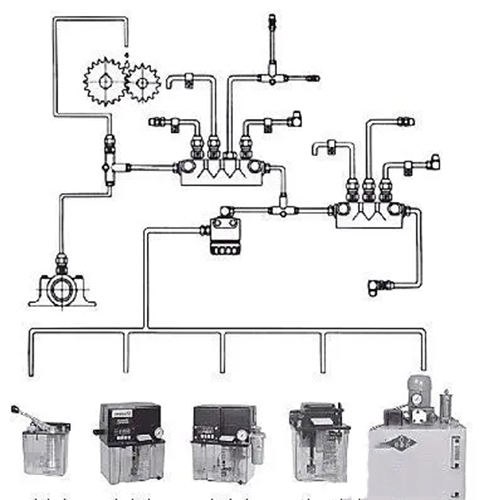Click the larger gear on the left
(x=104, y=81)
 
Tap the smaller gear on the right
(x=142, y=83)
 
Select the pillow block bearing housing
(x=62, y=291)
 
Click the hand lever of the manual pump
(x=29, y=416)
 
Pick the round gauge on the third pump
(x=242, y=435)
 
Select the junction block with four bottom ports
(x=225, y=237)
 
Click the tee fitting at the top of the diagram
(x=272, y=78)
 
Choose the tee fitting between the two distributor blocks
(x=283, y=210)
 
